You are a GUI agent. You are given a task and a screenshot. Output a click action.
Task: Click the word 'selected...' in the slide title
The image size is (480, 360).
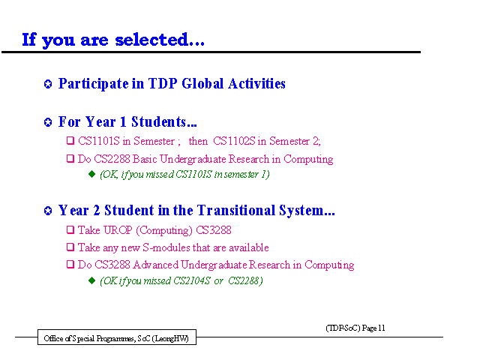coord(160,40)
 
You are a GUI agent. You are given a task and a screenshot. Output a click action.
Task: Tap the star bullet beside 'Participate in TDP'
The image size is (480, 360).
coord(48,84)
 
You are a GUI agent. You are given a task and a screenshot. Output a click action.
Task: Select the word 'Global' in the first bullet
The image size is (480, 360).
coord(202,83)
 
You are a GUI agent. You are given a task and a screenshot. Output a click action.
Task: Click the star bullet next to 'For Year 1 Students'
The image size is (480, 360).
coord(48,122)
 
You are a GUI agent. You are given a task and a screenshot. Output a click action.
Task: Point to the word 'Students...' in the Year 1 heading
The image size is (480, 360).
coord(164,121)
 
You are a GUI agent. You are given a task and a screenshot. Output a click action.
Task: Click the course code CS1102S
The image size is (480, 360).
coord(234,141)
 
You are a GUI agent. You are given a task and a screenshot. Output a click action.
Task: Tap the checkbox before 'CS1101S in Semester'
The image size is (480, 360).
coord(70,141)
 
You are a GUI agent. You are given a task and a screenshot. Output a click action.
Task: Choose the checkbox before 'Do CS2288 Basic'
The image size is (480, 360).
coord(70,158)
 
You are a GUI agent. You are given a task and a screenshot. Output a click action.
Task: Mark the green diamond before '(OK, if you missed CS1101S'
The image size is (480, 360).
coord(91,174)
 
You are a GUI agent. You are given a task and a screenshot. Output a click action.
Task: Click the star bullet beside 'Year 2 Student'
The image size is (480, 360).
coord(48,211)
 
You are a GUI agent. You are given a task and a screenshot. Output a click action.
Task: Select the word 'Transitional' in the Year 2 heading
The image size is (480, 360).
coord(236,210)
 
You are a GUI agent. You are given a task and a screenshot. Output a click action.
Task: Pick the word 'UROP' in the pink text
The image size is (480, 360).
coord(118,230)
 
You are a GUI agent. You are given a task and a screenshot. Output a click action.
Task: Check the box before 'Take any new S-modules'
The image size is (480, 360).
coord(70,247)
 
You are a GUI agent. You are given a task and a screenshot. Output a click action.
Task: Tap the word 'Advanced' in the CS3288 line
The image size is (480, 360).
coord(155,265)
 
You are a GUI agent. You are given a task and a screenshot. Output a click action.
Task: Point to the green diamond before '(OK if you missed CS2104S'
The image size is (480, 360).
coord(91,280)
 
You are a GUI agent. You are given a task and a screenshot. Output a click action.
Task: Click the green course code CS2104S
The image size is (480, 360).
coord(192,280)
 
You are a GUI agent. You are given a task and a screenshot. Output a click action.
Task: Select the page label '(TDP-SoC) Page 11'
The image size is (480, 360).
coord(355,328)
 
